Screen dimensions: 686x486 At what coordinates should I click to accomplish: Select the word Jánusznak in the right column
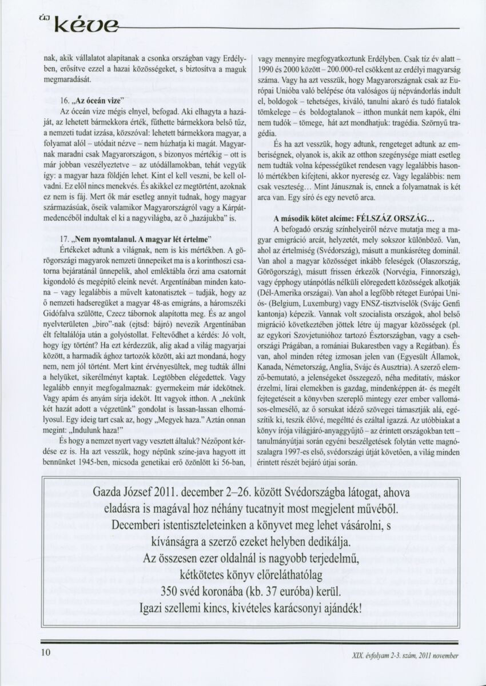click(350, 186)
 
